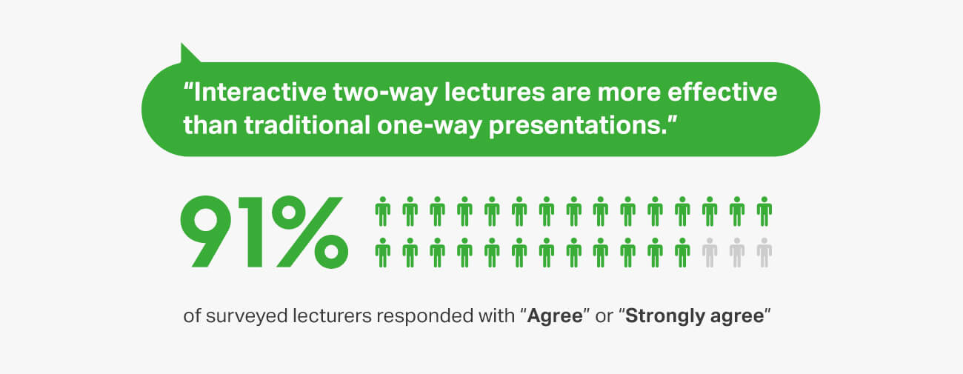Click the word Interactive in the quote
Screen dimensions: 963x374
[260, 92]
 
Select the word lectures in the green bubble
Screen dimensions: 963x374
[494, 92]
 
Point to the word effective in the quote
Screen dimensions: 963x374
[722, 92]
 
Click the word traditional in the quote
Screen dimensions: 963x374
[307, 125]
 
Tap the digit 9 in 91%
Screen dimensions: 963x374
[206, 232]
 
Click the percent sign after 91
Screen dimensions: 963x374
[310, 232]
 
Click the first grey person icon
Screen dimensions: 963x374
[710, 253]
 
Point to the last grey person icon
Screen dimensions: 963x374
[764, 253]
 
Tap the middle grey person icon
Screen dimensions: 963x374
[737, 253]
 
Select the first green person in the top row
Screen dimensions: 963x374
[383, 212]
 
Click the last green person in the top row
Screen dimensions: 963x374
[764, 212]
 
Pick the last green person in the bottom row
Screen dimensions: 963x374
[682, 253]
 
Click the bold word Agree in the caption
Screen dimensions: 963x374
[555, 317]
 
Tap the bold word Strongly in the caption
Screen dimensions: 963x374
[665, 317]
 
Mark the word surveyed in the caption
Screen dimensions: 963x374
[247, 317]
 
